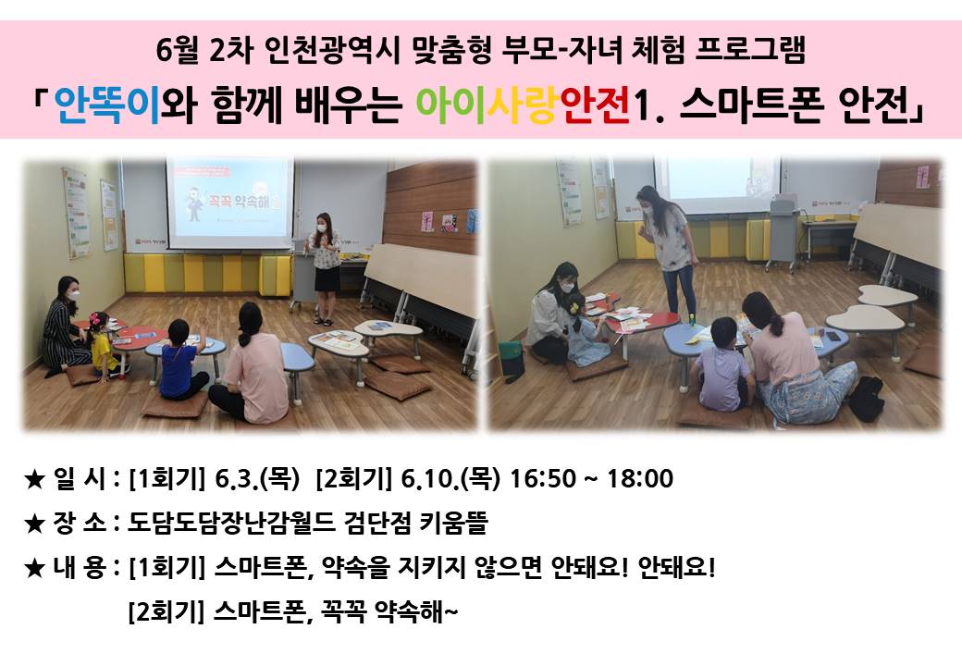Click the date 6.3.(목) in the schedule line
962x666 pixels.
click(x=256, y=478)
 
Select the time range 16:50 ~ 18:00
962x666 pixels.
click(x=591, y=478)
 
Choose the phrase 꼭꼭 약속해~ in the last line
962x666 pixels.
click(x=389, y=611)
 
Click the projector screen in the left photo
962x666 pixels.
click(x=230, y=203)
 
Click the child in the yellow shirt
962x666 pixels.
click(x=102, y=347)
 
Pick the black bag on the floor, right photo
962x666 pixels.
click(x=867, y=399)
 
